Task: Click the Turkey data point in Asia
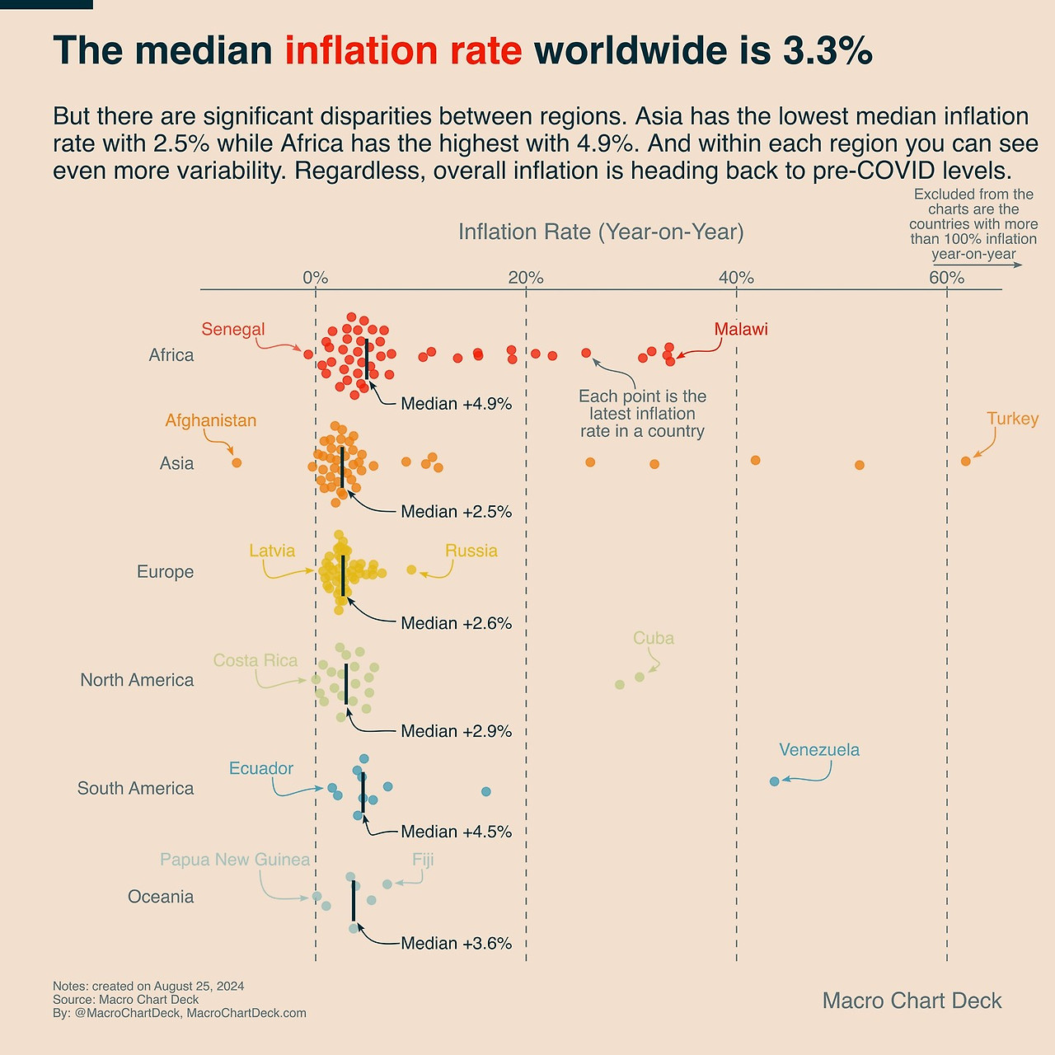965,461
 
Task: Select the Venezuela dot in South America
774,781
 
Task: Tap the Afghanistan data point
237,462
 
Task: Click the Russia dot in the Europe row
411,570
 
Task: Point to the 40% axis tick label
736,278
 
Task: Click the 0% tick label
315,278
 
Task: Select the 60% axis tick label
946,278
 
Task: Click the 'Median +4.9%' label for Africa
456,404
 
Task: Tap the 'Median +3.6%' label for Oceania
456,943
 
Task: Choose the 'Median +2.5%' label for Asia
456,512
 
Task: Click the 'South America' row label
136,789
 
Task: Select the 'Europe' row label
165,572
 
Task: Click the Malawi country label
740,330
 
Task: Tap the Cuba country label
653,639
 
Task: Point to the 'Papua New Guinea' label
235,860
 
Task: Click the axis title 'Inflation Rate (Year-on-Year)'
601,232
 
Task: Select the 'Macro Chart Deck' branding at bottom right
912,1001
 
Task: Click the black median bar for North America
346,683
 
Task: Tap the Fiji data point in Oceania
387,884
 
